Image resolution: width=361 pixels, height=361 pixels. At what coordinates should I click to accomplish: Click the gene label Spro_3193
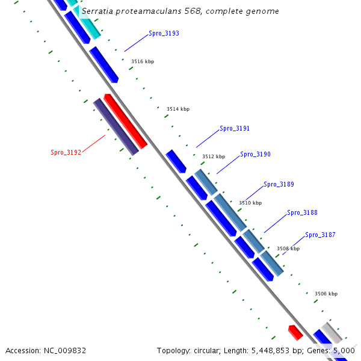click(164, 34)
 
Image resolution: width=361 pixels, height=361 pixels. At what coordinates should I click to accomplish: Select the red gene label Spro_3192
click(66, 153)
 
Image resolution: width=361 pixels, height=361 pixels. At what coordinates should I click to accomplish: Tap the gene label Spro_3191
click(235, 129)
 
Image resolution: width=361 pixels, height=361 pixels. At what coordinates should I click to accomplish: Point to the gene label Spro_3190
click(255, 155)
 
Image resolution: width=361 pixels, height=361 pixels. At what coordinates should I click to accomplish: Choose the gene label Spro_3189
click(279, 185)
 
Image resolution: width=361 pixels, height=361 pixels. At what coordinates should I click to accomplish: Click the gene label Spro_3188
click(302, 213)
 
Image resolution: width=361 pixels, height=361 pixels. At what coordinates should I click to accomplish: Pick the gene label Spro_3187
click(320, 235)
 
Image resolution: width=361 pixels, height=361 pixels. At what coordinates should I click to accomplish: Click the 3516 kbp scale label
click(143, 62)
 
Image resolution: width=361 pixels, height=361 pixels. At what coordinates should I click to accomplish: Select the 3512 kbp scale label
click(214, 156)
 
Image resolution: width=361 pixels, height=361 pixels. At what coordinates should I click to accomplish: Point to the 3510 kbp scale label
click(250, 203)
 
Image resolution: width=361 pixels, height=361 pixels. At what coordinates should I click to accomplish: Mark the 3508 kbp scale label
click(288, 248)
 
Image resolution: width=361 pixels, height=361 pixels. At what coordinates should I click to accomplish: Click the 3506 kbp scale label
click(326, 294)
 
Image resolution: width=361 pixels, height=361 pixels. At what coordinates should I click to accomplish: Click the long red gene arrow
click(126, 122)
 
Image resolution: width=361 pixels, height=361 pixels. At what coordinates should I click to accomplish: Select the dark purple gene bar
click(116, 127)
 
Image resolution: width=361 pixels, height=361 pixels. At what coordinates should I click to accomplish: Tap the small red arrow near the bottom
click(295, 332)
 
